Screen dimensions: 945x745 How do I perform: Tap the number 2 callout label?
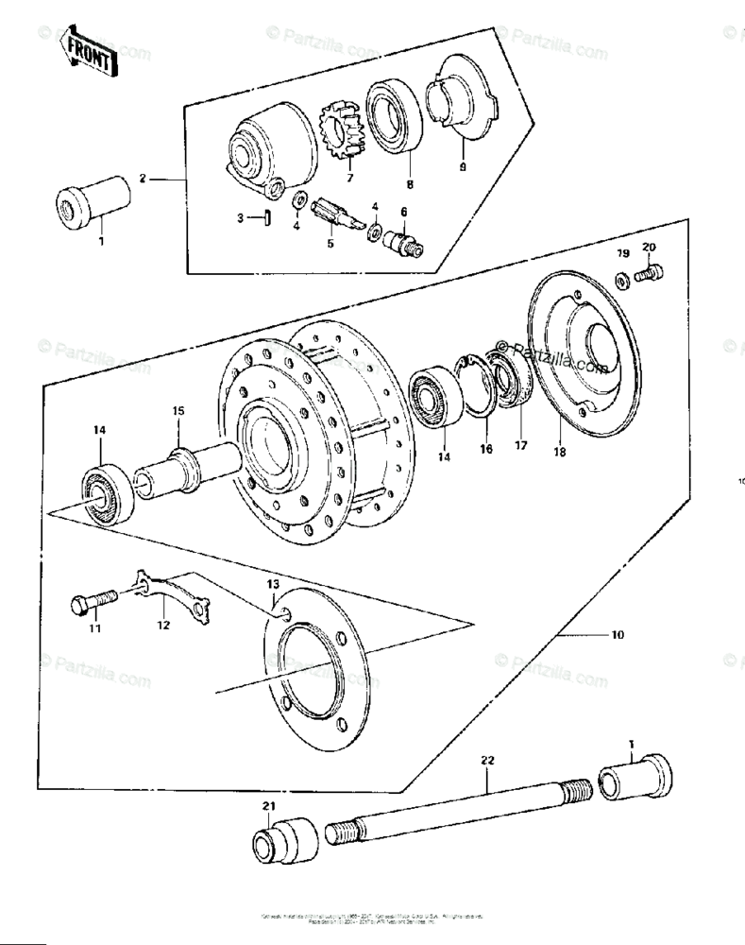click(x=143, y=178)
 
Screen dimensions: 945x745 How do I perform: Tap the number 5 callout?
click(x=330, y=243)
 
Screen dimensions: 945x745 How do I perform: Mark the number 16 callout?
click(x=486, y=450)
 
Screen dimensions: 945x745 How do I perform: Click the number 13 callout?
click(x=273, y=587)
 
